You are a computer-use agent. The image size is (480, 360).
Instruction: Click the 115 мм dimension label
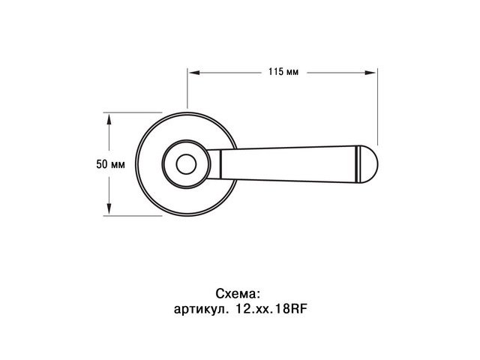283,73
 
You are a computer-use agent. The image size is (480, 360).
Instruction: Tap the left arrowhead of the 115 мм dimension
192,73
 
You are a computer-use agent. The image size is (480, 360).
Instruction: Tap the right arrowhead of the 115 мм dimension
372,73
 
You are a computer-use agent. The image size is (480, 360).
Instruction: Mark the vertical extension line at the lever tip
376,105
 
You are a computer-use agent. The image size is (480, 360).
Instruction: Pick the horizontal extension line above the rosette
135,113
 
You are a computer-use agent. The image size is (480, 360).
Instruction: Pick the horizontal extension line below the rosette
135,214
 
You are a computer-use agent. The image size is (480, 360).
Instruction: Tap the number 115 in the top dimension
274,73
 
